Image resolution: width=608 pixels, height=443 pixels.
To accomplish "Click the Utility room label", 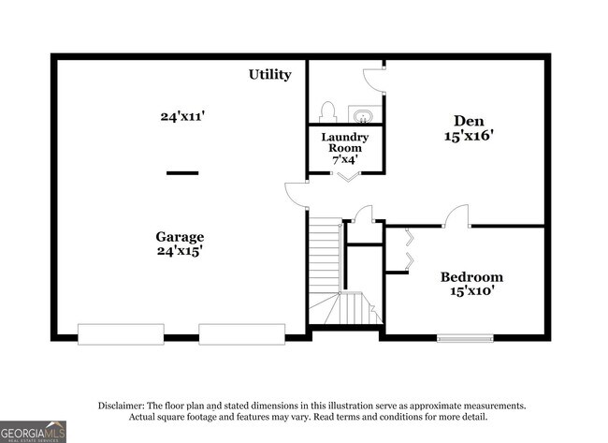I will (x=269, y=74).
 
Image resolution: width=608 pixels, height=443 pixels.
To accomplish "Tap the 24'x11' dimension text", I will (x=181, y=117).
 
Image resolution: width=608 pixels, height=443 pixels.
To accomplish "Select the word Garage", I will (x=180, y=237).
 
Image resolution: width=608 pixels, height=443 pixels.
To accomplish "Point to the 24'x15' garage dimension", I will (x=181, y=251).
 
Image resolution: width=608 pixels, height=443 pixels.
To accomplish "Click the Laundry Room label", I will (x=345, y=143).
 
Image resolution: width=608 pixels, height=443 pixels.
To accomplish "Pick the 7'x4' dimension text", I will (x=345, y=160).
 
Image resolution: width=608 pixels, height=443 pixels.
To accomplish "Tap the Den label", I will (x=469, y=120).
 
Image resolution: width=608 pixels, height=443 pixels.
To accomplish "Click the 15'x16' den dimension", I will (x=469, y=136).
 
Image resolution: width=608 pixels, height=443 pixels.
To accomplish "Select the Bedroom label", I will (x=471, y=276).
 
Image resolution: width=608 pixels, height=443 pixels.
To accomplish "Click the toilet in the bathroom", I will (x=327, y=112).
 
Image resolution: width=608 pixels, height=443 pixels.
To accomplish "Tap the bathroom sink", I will (x=361, y=115).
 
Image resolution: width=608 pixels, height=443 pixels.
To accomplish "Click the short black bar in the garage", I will (x=182, y=172).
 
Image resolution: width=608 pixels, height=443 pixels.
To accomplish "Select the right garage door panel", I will (x=241, y=333).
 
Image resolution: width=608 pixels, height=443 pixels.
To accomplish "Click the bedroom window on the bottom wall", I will (x=465, y=337).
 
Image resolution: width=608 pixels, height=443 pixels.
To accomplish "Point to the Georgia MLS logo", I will (x=34, y=431).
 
